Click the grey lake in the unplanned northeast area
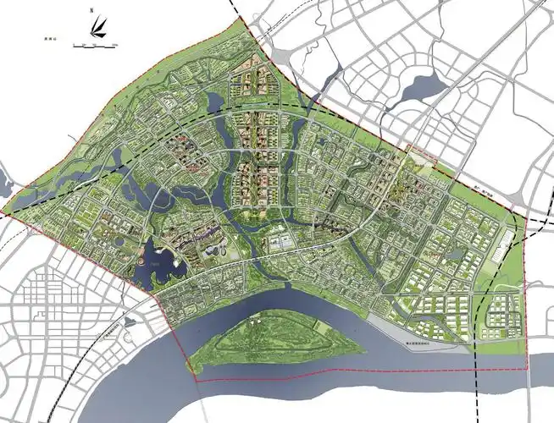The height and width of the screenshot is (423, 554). tap(421, 86)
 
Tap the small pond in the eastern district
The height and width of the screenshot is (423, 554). tap(457, 253)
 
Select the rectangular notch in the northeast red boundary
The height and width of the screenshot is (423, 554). tap(421, 153)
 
